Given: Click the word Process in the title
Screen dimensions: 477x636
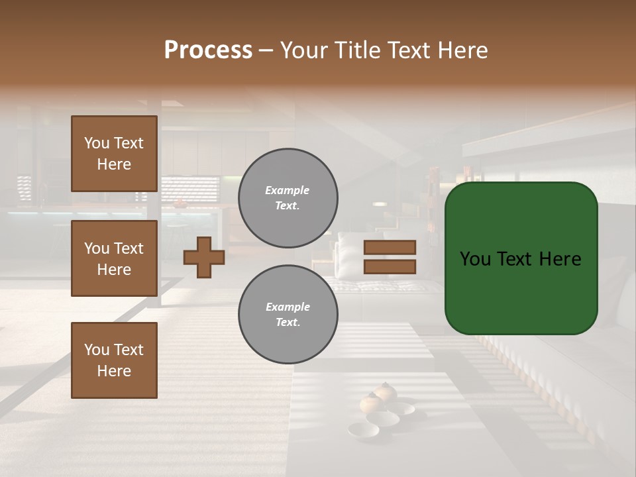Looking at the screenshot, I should pyautogui.click(x=208, y=50).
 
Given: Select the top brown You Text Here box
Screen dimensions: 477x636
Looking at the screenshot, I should pyautogui.click(x=114, y=154).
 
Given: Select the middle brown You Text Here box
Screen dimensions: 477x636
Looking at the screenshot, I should pyautogui.click(x=114, y=258).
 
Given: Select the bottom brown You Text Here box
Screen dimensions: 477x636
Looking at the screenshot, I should pyautogui.click(x=114, y=360).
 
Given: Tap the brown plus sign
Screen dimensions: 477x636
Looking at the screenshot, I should pyautogui.click(x=204, y=257).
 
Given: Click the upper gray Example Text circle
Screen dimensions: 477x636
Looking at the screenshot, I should pyautogui.click(x=288, y=198).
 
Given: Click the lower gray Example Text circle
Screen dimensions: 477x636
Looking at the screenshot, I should pyautogui.click(x=288, y=315).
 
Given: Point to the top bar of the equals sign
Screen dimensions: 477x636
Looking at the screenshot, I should pyautogui.click(x=390, y=248).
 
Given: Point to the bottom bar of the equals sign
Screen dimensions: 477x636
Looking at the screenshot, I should pyautogui.click(x=390, y=266).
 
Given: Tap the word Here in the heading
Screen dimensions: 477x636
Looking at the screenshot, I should pyautogui.click(x=461, y=50).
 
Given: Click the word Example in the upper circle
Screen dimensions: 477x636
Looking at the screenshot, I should pyautogui.click(x=288, y=190).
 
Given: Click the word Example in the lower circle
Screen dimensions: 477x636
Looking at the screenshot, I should pyautogui.click(x=288, y=307).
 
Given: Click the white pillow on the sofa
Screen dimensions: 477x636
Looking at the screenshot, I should pyautogui.click(x=348, y=255).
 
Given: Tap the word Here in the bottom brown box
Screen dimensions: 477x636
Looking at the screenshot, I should pyautogui.click(x=114, y=371).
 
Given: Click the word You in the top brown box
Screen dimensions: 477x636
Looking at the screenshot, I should pyautogui.click(x=97, y=143).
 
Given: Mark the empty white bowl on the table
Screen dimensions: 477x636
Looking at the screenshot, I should pyautogui.click(x=363, y=431).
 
